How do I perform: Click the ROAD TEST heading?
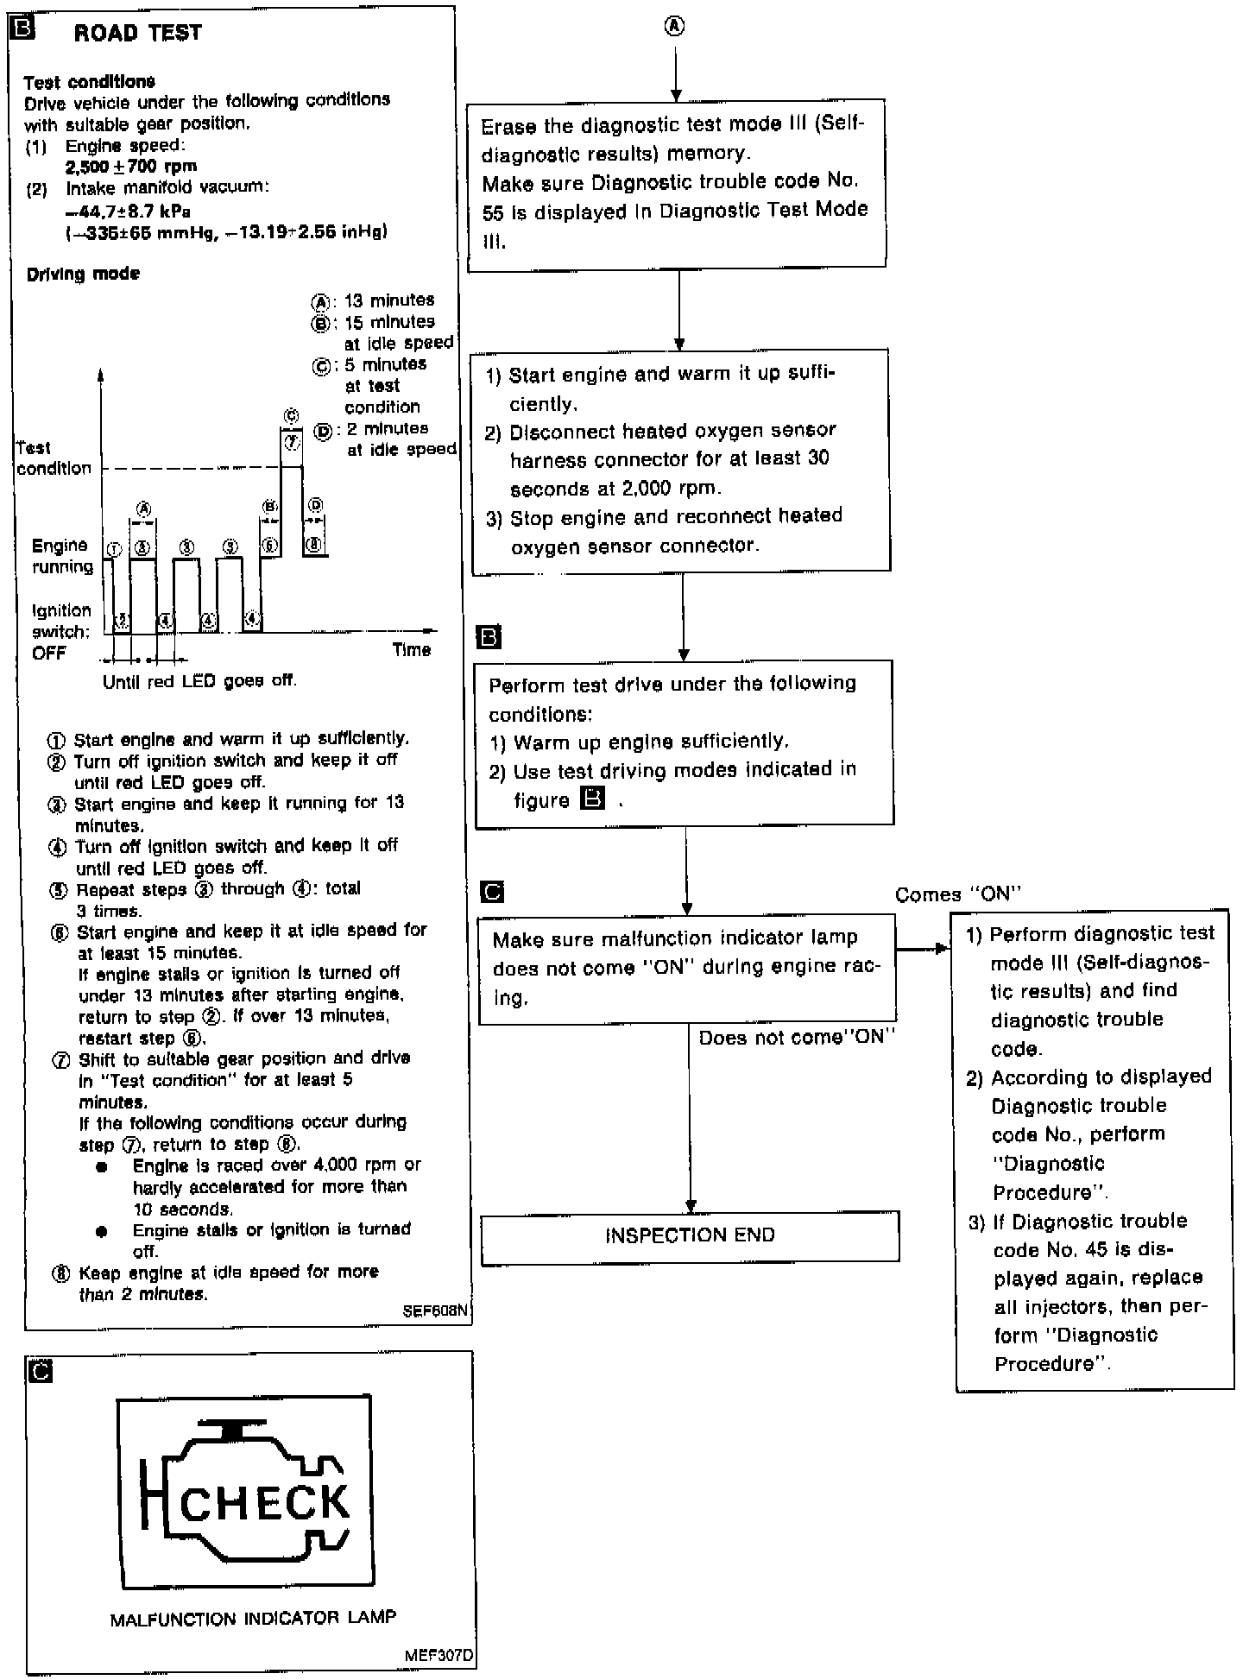(137, 33)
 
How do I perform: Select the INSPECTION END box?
(690, 1235)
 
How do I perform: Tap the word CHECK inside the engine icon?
(265, 1503)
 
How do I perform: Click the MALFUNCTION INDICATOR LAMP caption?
(253, 1619)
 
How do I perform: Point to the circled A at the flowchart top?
(675, 27)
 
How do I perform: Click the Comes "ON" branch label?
(957, 894)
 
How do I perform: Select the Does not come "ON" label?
(797, 1037)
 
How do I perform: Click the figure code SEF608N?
(436, 1311)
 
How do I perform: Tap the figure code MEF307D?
(439, 1657)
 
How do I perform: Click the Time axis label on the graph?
(411, 650)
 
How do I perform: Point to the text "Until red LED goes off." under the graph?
(199, 681)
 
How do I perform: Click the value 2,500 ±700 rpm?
(131, 167)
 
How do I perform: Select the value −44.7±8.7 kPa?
(128, 211)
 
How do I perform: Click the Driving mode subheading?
(83, 274)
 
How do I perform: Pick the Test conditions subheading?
(89, 82)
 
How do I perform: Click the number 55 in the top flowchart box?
(493, 212)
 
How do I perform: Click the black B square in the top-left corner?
(20, 28)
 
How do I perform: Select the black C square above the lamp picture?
(40, 1371)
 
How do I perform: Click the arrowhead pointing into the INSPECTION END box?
(691, 1205)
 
